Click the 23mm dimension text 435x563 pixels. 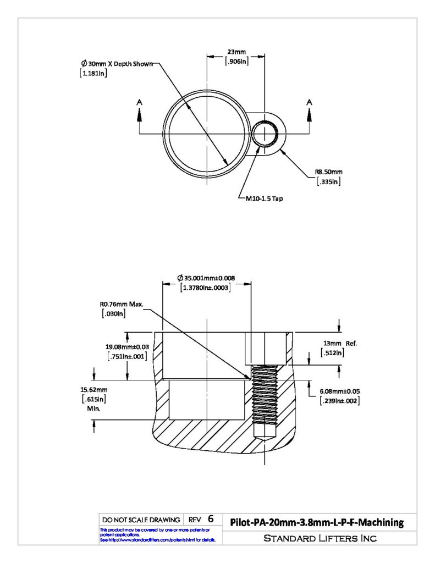point(236,52)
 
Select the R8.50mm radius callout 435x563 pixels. point(329,172)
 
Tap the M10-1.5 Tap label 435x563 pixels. point(264,198)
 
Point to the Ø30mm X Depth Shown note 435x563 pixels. point(117,64)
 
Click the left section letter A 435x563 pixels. point(139,102)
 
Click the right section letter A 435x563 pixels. point(309,102)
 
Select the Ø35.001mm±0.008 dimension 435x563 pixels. point(206,278)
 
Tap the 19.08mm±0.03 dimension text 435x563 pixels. point(127,347)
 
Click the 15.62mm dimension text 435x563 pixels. point(93,390)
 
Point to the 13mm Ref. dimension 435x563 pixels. point(340,344)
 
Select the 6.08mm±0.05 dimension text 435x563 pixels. point(340,391)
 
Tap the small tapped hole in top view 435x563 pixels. point(265,134)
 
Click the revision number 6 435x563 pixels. point(211,519)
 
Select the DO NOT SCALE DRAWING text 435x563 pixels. point(141,520)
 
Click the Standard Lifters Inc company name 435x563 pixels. point(320,538)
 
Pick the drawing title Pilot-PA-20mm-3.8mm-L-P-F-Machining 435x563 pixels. point(317,522)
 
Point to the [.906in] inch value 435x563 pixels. point(236,62)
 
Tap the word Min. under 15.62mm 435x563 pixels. point(93,409)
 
